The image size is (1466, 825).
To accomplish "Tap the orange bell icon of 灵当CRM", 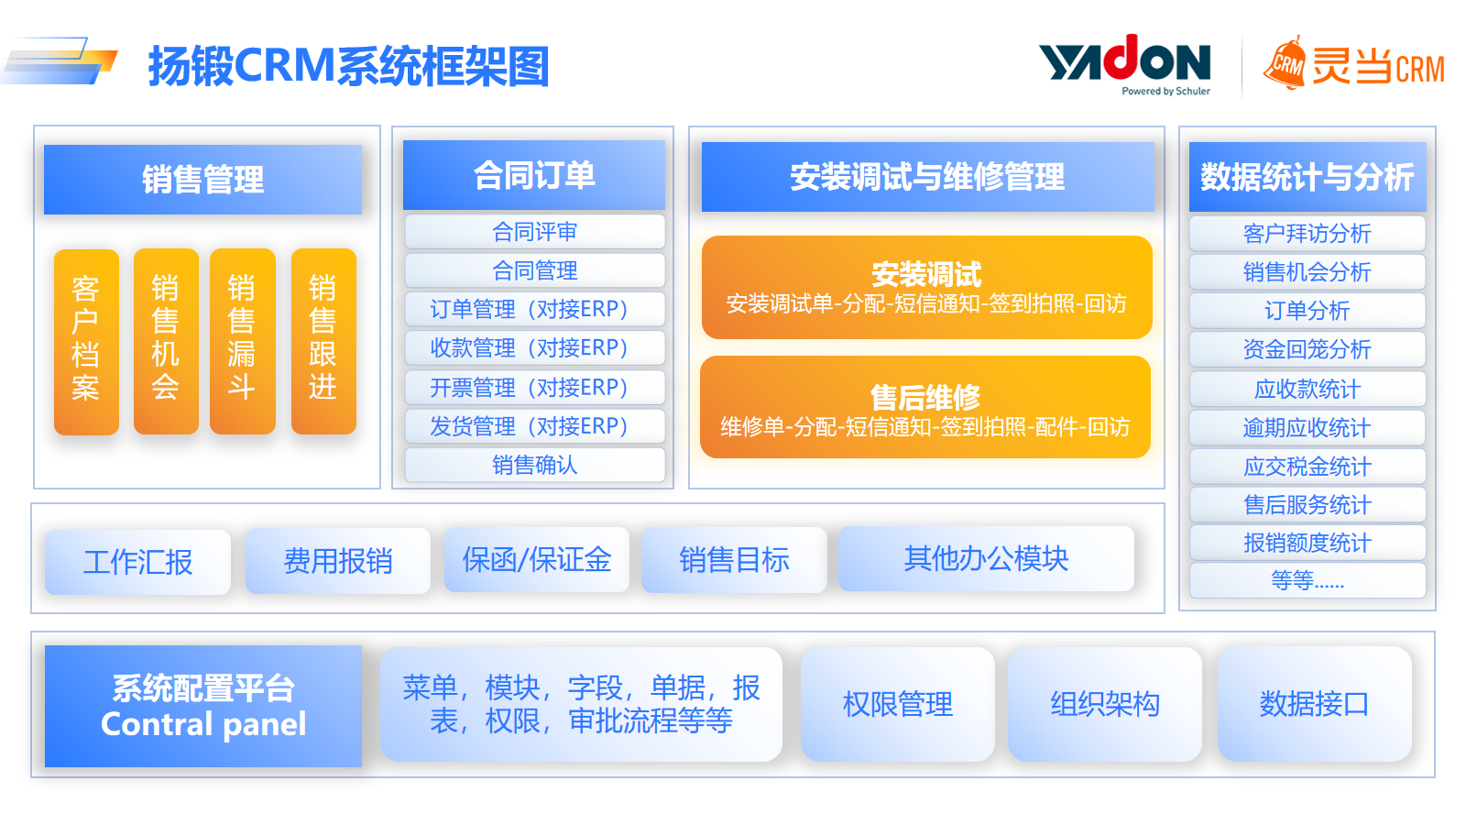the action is pos(1285,63).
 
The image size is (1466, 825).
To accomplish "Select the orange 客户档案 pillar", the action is pos(86,342).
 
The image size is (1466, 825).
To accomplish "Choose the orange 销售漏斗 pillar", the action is pos(242,341).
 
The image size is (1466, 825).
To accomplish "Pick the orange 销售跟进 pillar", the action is pos(323,341).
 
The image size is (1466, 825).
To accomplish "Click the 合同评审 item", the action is pos(535,232).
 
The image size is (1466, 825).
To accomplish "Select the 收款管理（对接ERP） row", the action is pos(535,347).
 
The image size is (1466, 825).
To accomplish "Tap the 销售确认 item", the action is pos(535,465).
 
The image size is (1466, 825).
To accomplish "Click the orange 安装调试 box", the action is pos(926,288).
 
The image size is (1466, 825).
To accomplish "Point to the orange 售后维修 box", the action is pos(925,407).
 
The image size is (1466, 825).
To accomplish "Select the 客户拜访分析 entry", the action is pos(1307,234).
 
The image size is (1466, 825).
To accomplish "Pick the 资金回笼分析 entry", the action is pos(1307,349).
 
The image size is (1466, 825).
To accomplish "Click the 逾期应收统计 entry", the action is pos(1307,427).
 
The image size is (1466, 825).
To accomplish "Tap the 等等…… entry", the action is pos(1307,580).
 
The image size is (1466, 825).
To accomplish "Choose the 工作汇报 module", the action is pos(138,562).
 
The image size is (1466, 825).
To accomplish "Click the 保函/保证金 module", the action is pos(537,560).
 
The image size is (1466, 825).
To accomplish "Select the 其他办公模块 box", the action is pos(986,558).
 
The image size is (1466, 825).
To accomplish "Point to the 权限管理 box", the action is pos(898,705).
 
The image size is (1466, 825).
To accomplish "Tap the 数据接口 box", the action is pos(1314,705).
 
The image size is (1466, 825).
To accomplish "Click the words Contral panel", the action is pos(203,724).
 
